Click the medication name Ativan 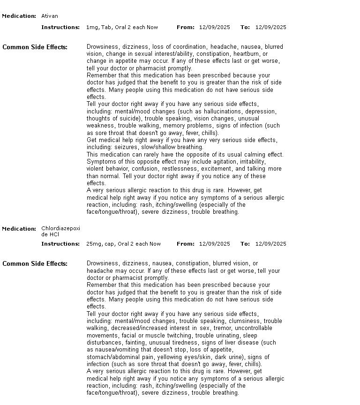point(50,16)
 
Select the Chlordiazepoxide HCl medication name point(60,231)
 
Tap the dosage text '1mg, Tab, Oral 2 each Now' point(122,27)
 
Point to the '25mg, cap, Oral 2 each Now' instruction point(123,244)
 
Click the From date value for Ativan point(214,27)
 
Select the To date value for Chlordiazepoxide point(270,244)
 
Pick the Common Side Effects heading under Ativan point(35,47)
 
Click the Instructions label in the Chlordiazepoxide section point(60,244)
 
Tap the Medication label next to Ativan point(19,16)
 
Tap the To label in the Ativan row point(245,27)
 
